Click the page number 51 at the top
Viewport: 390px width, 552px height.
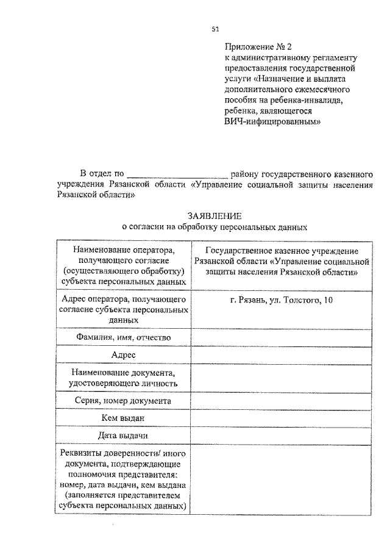coord(214,29)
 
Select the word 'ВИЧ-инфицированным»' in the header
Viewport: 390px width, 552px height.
coord(272,121)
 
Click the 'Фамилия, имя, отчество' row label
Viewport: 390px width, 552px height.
coord(123,337)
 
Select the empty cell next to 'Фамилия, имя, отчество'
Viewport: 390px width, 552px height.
coord(281,337)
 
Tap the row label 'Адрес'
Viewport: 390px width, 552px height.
coord(123,355)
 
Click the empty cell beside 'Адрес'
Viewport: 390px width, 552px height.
coord(281,355)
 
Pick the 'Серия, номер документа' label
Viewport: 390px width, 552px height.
coord(123,401)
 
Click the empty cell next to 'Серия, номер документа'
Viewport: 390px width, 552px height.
coord(281,401)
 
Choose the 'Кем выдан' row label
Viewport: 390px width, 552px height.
coord(123,418)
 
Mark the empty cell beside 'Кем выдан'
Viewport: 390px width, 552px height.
coord(281,418)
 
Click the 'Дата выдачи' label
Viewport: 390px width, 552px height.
coord(123,436)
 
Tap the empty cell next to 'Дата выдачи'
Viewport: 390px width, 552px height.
coord(281,436)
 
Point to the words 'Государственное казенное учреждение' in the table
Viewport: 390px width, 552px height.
coord(281,251)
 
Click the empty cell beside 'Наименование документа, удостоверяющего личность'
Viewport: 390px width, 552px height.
coord(281,378)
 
